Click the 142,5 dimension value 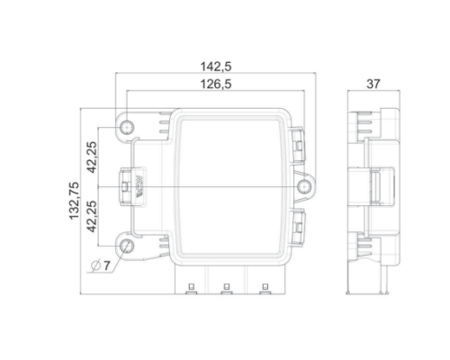(216, 67)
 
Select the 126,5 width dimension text (216, 85)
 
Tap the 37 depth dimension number (373, 84)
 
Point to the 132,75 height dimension (75, 201)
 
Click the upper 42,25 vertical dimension (92, 157)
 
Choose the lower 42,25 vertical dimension (92, 216)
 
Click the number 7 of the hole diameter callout (107, 265)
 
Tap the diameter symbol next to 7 (95, 265)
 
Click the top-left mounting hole (127, 128)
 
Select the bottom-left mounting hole (127, 246)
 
